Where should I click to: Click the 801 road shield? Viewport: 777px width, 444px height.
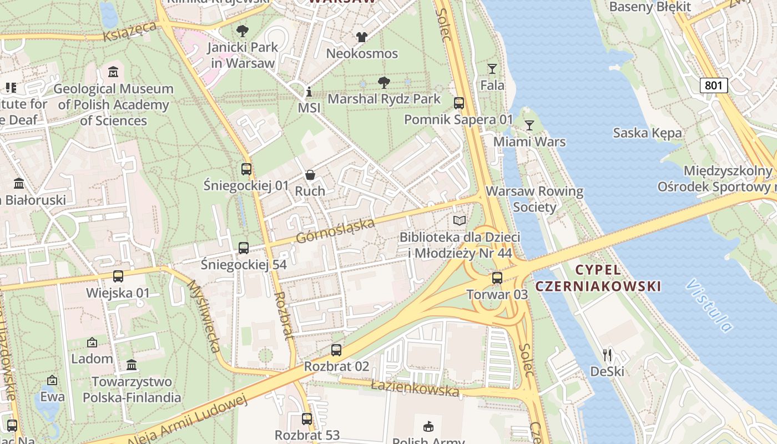[x=713, y=85]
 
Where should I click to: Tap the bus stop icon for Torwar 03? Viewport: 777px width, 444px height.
[x=497, y=278]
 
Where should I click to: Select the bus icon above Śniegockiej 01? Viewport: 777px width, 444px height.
[x=246, y=169]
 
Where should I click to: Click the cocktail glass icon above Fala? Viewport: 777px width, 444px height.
[x=492, y=69]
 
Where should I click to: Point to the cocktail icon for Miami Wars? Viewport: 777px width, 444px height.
[x=529, y=125]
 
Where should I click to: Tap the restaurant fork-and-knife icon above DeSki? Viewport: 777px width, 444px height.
[x=607, y=355]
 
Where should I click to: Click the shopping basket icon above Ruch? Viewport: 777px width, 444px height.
[x=310, y=175]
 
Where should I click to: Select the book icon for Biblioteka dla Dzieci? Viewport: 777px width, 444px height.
[x=459, y=221]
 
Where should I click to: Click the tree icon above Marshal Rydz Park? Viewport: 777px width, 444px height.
[x=384, y=83]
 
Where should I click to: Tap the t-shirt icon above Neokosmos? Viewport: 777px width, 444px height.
[x=362, y=37]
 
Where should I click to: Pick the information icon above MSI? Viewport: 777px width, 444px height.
[x=309, y=92]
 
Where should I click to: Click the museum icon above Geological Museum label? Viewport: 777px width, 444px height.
[x=113, y=72]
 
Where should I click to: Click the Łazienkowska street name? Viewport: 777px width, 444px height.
[x=415, y=387]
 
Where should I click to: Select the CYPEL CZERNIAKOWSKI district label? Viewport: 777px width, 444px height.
[x=598, y=278]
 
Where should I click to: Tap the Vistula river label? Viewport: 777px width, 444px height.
[x=710, y=306]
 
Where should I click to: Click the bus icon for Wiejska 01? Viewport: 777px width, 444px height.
[x=118, y=276]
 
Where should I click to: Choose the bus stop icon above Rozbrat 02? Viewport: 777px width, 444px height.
[x=336, y=350]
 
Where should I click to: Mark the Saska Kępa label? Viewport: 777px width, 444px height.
[x=647, y=133]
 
